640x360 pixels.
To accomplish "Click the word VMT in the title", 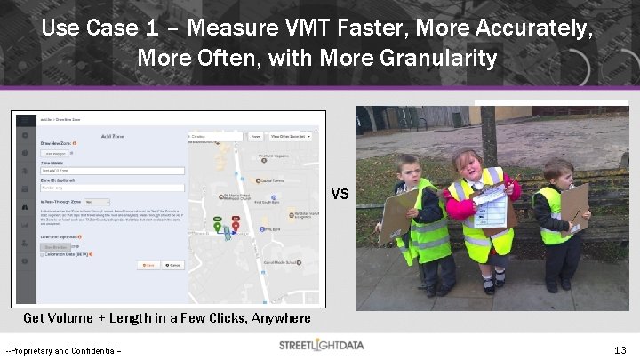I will click(x=253, y=28).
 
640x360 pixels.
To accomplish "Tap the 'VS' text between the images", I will click(x=340, y=195).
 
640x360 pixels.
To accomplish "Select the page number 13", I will click(x=620, y=350).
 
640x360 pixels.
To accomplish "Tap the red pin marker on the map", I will click(x=236, y=224).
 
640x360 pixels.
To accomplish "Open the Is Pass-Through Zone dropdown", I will click(x=96, y=202).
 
